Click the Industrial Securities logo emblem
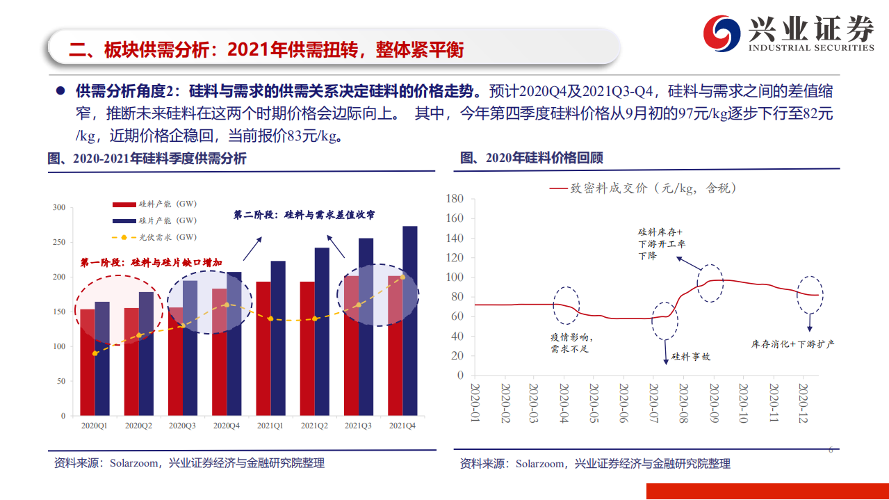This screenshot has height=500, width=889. (723, 31)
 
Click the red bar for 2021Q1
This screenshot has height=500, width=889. (263, 348)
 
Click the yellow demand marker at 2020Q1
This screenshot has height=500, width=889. (95, 353)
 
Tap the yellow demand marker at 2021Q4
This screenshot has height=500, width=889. (402, 277)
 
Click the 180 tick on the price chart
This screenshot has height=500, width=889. (455, 198)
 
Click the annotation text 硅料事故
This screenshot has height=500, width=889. (690, 357)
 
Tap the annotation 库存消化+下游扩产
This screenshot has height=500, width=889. (793, 344)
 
